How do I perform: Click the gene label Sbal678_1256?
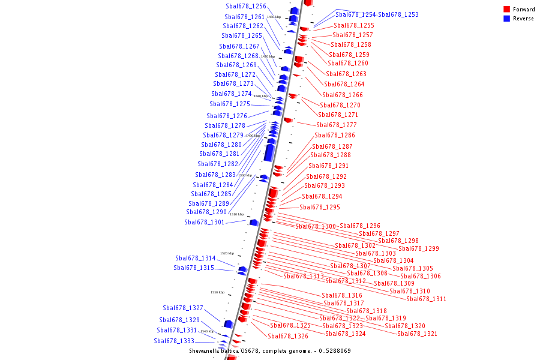tap(246, 7)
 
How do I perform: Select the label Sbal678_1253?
tap(398, 14)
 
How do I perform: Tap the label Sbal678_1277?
tap(337, 125)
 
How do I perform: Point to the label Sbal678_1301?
tap(205, 222)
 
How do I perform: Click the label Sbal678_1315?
tap(194, 268)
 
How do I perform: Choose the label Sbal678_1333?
tap(174, 341)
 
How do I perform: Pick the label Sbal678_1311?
tap(426, 299)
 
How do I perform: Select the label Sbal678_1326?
tap(288, 337)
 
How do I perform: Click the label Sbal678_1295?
tap(320, 208)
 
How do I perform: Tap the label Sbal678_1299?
tap(419, 248)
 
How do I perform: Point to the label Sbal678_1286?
tap(335, 136)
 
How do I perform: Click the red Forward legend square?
tap(506, 10)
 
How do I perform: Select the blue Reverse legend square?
tap(506, 19)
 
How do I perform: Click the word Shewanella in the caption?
tap(206, 351)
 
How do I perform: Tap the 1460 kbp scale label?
tap(274, 17)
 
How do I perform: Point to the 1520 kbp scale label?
tap(227, 253)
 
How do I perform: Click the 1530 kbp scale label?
tap(217, 292)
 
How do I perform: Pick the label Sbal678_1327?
tap(183, 308)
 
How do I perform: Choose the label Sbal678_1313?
tap(304, 276)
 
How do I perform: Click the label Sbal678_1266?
tap(343, 95)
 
